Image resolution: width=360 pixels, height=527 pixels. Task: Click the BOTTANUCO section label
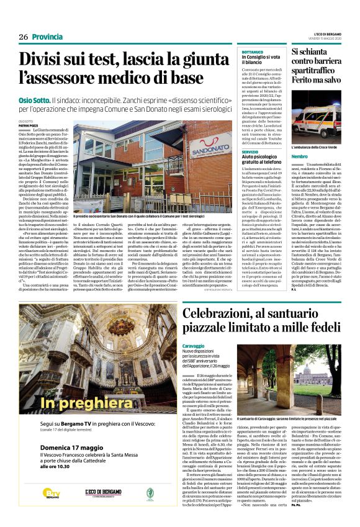click(x=253, y=52)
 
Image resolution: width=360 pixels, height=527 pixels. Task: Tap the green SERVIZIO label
click(x=250, y=151)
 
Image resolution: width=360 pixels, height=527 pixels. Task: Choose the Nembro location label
click(x=300, y=157)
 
